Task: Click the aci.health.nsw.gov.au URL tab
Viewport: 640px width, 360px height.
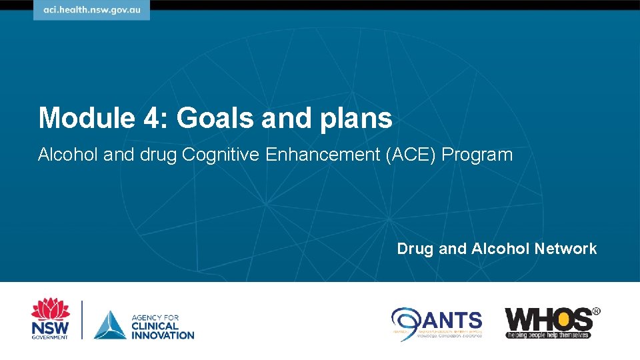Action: click(91, 11)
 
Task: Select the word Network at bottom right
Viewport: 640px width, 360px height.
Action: click(565, 249)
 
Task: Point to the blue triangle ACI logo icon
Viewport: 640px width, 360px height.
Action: click(109, 325)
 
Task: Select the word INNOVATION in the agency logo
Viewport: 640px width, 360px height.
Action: click(163, 334)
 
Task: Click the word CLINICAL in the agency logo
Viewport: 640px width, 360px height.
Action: click(156, 325)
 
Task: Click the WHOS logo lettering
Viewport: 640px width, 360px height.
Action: click(548, 319)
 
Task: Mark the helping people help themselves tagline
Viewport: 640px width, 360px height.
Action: click(548, 335)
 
